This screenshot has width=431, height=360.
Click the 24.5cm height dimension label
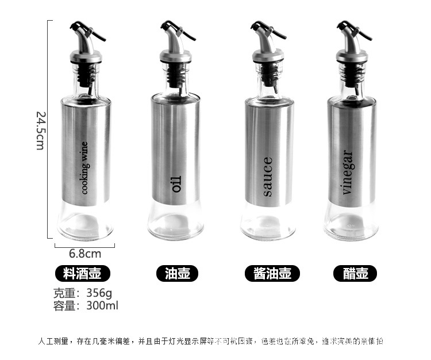point(39,131)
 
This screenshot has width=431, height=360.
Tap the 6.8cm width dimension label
point(85,253)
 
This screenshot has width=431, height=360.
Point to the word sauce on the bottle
point(267,177)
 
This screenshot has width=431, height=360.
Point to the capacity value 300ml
point(102,306)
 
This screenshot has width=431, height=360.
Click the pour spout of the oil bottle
point(175,35)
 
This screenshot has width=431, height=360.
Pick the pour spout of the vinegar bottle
point(351,35)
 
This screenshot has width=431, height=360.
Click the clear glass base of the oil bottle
point(175,221)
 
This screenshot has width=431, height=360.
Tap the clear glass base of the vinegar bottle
point(351,221)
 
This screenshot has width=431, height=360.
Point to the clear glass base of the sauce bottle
point(267,221)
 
